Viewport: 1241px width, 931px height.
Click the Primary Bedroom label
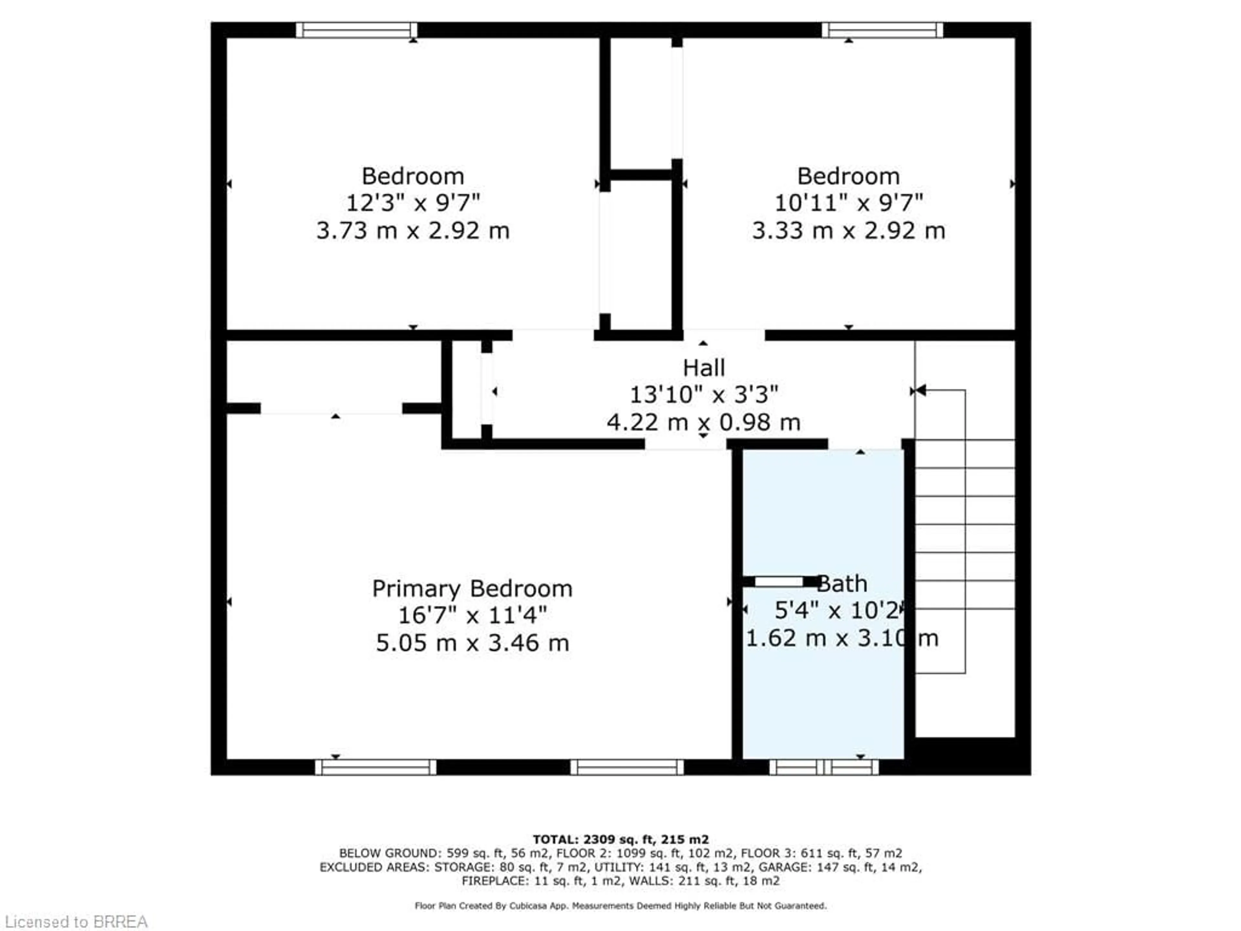coord(472,589)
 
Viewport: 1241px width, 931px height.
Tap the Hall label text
coord(704,368)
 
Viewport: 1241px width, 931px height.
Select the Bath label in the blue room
coord(842,584)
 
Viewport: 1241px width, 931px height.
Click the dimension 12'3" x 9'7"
coord(413,203)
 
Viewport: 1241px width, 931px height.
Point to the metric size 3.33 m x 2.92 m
coord(848,230)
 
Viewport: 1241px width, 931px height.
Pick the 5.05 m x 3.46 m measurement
coord(472,643)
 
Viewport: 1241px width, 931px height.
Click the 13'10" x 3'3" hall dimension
coord(704,395)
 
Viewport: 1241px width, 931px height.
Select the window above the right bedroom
coord(882,30)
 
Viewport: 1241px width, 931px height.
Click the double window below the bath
coord(823,767)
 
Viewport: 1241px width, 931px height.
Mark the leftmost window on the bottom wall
coord(375,767)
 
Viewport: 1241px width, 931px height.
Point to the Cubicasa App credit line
coord(620,906)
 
